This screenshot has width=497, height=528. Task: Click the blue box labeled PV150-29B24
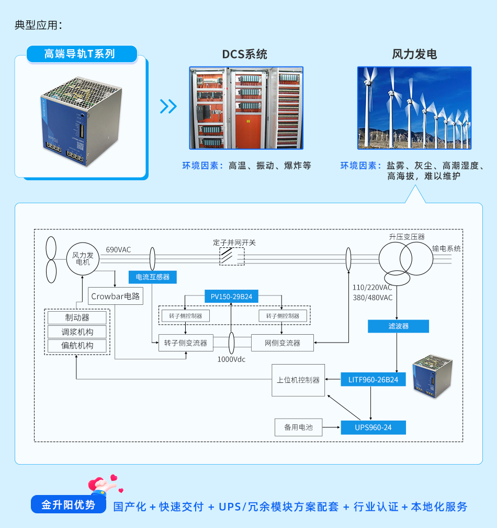(x=231, y=296)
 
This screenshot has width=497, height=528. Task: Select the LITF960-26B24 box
(x=373, y=380)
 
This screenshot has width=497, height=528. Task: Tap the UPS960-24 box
(x=373, y=427)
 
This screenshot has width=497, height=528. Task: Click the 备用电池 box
(x=298, y=427)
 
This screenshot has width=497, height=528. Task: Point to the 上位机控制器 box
(x=298, y=380)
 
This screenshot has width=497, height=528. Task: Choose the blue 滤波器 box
(x=398, y=326)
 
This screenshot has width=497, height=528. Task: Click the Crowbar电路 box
(x=116, y=296)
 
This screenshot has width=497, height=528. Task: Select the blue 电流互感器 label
(x=152, y=277)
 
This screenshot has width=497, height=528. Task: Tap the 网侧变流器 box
(x=283, y=343)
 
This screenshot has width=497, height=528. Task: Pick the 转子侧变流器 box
(x=186, y=343)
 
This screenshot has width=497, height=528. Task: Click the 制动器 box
(x=77, y=317)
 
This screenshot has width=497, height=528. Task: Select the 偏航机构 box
(x=77, y=346)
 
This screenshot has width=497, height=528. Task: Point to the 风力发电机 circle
(x=83, y=259)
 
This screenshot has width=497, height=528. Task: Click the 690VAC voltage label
(x=118, y=250)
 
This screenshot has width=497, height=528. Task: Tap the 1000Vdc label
(x=231, y=360)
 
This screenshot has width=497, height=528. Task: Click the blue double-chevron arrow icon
(x=168, y=106)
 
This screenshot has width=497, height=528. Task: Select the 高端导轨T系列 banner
(x=82, y=54)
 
